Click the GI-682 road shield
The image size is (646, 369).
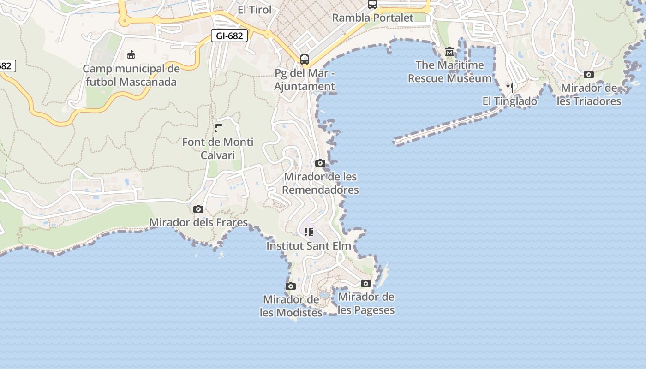pos(229,36)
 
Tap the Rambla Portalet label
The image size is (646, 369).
pos(373,18)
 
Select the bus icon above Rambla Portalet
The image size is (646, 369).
pos(372,5)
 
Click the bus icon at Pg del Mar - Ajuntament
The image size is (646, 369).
pos(305,59)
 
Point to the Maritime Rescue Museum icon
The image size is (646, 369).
pos(449,52)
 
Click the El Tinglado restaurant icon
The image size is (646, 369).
pos(510,88)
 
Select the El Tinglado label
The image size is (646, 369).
pos(510,101)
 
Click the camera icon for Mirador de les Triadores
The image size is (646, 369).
pos(589,74)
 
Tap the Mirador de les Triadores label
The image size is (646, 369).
pos(589,95)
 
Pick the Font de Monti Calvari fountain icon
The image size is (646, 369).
pos(218,128)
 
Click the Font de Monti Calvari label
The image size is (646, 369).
pos(218,149)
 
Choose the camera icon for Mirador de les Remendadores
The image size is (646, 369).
pos(320,163)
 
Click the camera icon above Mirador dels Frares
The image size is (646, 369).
pos(198,209)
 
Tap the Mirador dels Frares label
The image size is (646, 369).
pos(198,222)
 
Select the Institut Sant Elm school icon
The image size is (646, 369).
pos(309,232)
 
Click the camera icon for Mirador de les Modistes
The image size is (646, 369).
pos(291,286)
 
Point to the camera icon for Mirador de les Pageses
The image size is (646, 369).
pos(366,283)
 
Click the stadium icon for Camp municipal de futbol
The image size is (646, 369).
pos(131,54)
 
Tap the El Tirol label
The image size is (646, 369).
pos(254,9)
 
